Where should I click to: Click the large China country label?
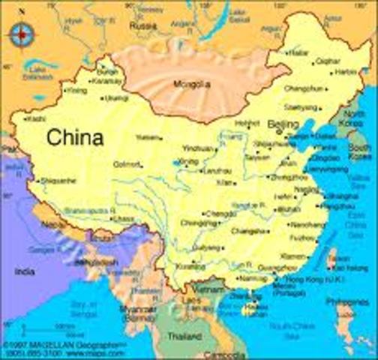[74, 138]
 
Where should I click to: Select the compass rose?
[22, 33]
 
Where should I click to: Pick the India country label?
[25, 271]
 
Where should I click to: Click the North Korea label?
[353, 118]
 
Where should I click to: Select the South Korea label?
[358, 151]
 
